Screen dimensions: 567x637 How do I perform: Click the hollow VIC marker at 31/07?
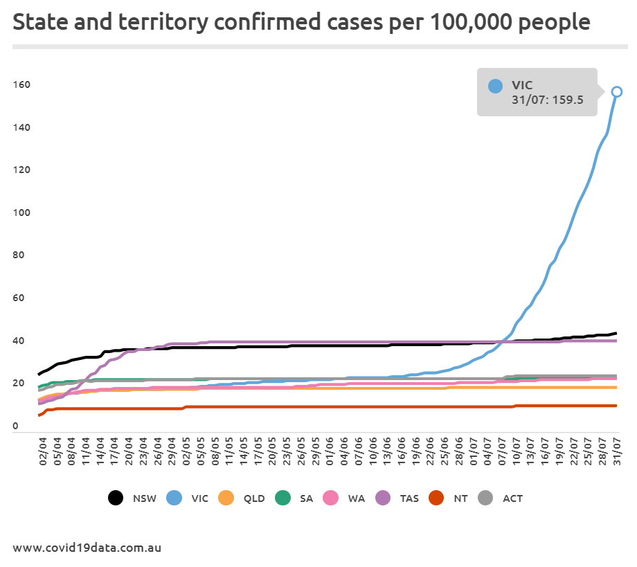click(616, 91)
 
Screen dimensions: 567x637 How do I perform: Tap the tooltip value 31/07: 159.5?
click(547, 100)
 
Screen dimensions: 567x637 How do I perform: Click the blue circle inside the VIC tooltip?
click(495, 86)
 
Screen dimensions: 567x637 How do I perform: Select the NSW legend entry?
click(128, 498)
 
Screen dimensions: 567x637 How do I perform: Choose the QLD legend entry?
click(241, 498)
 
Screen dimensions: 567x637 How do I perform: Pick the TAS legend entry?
click(400, 498)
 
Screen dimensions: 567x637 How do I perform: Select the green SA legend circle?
click(282, 498)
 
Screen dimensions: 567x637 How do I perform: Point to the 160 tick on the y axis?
click(21, 85)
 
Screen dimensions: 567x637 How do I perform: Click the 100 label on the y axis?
click(21, 213)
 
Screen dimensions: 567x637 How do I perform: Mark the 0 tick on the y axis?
click(15, 426)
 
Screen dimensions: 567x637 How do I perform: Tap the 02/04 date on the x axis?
click(44, 452)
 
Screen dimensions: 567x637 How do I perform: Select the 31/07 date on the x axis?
click(616, 452)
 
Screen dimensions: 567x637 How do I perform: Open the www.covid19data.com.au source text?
click(87, 547)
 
